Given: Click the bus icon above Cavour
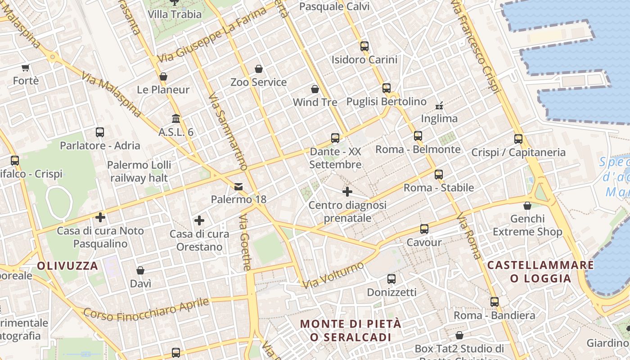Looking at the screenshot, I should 424,229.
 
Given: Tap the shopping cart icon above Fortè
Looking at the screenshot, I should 25,68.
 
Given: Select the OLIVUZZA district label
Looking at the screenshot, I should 67,265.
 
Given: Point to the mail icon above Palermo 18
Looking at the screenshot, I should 238,186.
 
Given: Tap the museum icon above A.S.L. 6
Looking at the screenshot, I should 176,119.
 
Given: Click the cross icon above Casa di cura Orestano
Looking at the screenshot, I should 199,220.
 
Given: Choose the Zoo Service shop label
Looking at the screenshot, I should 258,82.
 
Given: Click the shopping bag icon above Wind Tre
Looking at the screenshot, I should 315,89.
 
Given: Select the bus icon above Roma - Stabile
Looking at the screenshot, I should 439,175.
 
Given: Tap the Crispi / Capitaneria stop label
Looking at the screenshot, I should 518,153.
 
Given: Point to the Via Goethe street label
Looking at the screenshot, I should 245,243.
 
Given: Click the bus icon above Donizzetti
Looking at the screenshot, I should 391,279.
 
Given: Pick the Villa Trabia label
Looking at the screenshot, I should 175,14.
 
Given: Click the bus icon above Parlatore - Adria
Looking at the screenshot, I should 100,132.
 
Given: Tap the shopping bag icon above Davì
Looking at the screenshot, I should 140,270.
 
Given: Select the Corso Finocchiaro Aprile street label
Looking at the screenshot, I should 146,310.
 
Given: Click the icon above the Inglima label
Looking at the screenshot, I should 439,106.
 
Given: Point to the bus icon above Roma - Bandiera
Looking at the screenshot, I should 495,302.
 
